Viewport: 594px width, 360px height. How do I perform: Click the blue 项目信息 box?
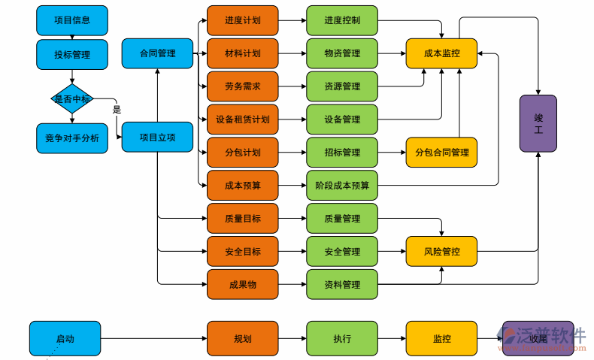[x=72, y=20]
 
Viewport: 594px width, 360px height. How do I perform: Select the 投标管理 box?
[x=72, y=54]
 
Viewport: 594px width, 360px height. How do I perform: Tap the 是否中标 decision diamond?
[x=72, y=98]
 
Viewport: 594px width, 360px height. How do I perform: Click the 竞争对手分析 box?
[x=72, y=138]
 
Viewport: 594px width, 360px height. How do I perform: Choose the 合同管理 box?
[x=157, y=53]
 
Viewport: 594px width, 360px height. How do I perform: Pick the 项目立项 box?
[x=157, y=138]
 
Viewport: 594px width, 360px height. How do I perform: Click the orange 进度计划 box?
[x=242, y=20]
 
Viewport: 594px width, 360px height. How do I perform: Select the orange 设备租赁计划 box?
[x=242, y=119]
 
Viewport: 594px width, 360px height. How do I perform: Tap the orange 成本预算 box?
[x=242, y=185]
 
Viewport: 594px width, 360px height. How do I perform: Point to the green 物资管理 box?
[x=342, y=53]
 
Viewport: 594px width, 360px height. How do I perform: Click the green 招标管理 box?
[x=342, y=153]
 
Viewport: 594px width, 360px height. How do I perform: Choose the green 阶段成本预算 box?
[x=342, y=185]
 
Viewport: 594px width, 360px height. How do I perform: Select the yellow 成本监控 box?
[x=441, y=53]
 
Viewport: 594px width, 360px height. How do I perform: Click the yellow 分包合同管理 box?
[x=441, y=153]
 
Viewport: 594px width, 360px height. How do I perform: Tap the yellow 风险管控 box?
[x=441, y=251]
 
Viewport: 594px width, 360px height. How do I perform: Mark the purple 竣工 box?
[x=538, y=124]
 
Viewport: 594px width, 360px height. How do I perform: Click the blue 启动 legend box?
[x=65, y=338]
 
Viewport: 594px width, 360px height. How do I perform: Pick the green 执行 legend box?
[x=342, y=338]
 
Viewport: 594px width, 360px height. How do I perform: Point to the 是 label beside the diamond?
[x=117, y=110]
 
